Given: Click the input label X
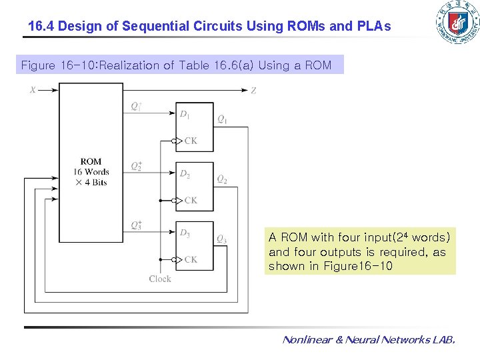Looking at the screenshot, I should [x=32, y=90].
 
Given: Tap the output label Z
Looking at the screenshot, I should [x=253, y=91].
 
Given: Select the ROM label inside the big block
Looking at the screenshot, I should [x=91, y=161].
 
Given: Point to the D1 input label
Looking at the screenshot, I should [x=185, y=115].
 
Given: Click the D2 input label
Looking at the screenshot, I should [x=185, y=175].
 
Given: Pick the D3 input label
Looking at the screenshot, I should [x=185, y=233].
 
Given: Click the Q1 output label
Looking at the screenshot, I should [x=222, y=120].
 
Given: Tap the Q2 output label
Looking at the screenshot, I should [x=222, y=180].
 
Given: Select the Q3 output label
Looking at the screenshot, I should [x=222, y=239].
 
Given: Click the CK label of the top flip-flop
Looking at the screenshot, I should [x=191, y=141].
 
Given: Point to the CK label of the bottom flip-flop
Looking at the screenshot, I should [x=191, y=259].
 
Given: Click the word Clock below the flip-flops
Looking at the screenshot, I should [x=160, y=279].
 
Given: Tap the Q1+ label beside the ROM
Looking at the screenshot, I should [x=136, y=105].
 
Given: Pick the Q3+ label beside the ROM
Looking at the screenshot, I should [x=136, y=225].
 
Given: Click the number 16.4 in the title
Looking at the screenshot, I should [x=41, y=27].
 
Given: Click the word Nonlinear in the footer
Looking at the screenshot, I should [x=306, y=340].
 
